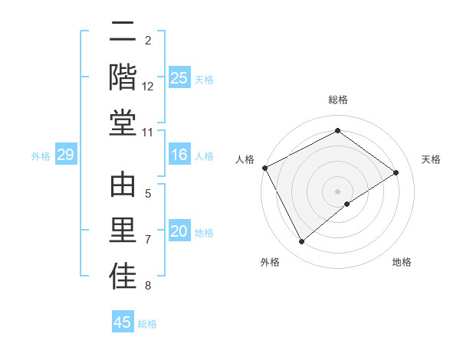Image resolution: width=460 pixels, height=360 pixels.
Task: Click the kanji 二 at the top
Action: [123, 34]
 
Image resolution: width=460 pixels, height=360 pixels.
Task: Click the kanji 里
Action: [123, 231]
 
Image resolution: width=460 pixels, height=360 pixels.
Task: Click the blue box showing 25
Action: [179, 78]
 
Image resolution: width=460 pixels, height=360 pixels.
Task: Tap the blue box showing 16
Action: [179, 155]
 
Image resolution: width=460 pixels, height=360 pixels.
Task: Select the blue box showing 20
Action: [179, 231]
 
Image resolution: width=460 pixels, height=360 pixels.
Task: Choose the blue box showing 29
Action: [65, 155]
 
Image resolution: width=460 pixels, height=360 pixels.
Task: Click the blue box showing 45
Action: [123, 322]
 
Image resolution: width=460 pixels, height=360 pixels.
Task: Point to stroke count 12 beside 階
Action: [148, 87]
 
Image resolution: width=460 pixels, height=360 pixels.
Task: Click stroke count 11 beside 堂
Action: [148, 133]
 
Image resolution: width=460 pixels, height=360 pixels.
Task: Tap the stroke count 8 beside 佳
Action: [148, 286]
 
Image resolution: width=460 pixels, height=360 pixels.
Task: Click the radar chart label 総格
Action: [337, 100]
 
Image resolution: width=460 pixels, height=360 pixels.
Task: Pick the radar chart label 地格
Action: [402, 262]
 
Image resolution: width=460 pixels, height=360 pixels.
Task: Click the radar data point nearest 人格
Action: [264, 168]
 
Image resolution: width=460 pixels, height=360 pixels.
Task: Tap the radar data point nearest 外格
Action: [301, 242]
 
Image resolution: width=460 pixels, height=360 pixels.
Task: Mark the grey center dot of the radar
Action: [337, 191]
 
